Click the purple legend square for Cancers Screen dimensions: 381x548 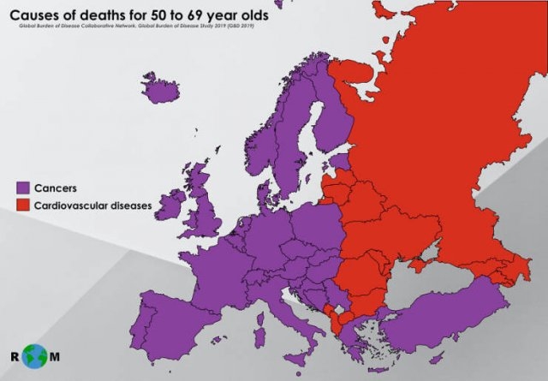point(22,188)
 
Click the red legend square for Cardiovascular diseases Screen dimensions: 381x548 point(22,205)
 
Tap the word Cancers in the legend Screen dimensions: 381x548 point(56,188)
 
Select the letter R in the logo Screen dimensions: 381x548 point(15,355)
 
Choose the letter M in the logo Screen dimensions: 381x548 point(58,355)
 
